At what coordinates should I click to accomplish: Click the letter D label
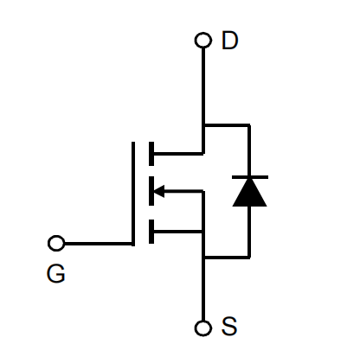pyautogui.click(x=230, y=41)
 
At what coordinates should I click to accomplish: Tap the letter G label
pyautogui.click(x=56, y=273)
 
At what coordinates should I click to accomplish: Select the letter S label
pyautogui.click(x=229, y=326)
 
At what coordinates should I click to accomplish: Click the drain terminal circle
pyautogui.click(x=203, y=40)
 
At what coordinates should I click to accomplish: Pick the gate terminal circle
pyautogui.click(x=56, y=243)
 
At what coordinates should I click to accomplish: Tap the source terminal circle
pyautogui.click(x=203, y=328)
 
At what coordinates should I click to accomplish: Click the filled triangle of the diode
pyautogui.click(x=249, y=193)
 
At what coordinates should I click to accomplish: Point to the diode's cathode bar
pyautogui.click(x=250, y=177)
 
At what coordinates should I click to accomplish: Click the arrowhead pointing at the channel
pyautogui.click(x=159, y=191)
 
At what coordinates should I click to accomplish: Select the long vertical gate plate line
pyautogui.click(x=133, y=194)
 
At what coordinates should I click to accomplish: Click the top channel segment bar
pyautogui.click(x=151, y=154)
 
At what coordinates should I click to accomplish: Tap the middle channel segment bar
pyautogui.click(x=151, y=191)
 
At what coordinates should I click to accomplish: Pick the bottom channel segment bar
pyautogui.click(x=151, y=232)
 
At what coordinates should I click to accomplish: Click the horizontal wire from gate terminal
pyautogui.click(x=99, y=244)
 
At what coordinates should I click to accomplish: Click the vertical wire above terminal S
pyautogui.click(x=203, y=289)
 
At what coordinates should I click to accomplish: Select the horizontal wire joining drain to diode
pyautogui.click(x=227, y=125)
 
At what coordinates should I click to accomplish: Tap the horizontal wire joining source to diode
pyautogui.click(x=227, y=257)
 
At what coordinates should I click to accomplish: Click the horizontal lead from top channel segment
pyautogui.click(x=178, y=154)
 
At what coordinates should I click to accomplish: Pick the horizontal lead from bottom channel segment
pyautogui.click(x=178, y=232)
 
